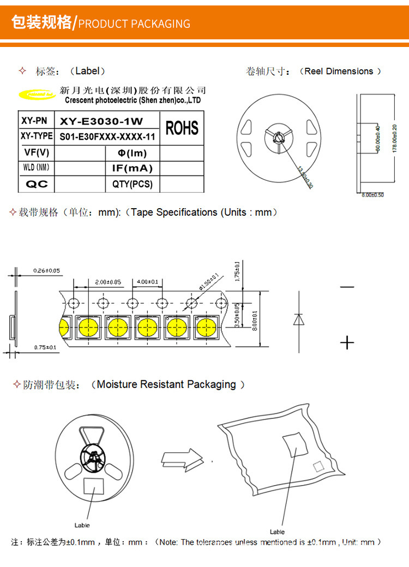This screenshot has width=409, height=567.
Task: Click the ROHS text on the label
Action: [182, 128]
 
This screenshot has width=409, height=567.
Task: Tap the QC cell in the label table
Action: [37, 185]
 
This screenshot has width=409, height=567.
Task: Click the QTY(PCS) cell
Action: [133, 185]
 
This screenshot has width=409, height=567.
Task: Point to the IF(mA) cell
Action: [133, 168]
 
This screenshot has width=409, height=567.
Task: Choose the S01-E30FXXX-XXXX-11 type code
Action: [107, 137]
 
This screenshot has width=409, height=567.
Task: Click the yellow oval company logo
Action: [37, 95]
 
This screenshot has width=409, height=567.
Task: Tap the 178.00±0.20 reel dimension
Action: [395, 139]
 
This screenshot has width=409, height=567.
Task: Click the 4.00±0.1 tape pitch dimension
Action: [147, 282]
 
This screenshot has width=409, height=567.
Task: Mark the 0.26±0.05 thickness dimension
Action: [46, 270]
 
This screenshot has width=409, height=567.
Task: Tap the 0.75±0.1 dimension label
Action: [46, 347]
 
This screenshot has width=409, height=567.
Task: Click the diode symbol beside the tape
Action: [299, 320]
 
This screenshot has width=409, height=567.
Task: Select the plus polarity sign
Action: [347, 342]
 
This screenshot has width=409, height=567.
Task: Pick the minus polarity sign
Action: [347, 287]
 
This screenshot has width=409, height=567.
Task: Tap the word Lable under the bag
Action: [277, 531]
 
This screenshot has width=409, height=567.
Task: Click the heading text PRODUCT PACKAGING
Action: [134, 23]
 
